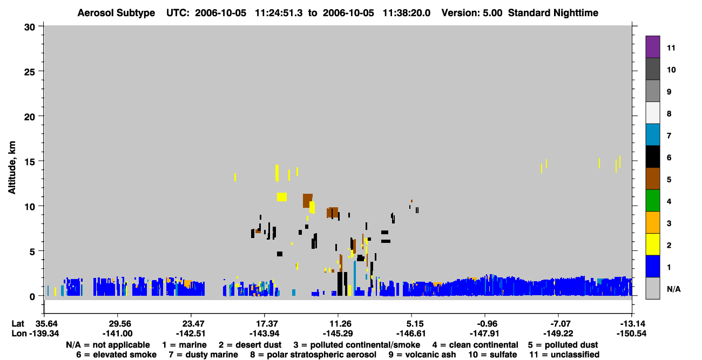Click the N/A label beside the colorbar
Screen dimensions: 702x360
coord(673,289)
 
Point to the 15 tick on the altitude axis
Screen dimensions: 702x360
coord(40,161)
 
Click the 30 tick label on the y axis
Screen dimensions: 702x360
coord(30,28)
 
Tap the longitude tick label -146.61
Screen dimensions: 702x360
coord(410,334)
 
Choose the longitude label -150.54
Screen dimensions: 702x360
coord(631,334)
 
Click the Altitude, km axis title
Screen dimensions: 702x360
coord(12,168)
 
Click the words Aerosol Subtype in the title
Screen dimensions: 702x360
coord(116,13)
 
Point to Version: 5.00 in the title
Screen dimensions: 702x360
coord(471,13)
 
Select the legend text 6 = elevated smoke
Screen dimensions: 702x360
coord(116,355)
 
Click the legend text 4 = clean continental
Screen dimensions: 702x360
coord(475,345)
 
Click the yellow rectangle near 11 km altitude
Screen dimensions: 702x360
coord(282,197)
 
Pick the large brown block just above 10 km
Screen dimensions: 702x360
coord(307,201)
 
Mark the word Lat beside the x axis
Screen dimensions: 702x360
coord(18,324)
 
